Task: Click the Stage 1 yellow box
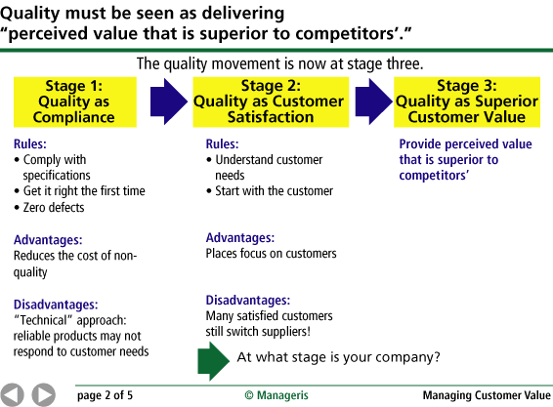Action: point(75,102)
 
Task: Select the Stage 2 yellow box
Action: point(271,102)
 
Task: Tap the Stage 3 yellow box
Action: point(467,102)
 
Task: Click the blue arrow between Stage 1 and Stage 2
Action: point(169,102)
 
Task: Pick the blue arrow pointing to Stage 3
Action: point(373,102)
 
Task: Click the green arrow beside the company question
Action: point(213,361)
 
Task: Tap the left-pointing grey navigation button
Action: point(12,395)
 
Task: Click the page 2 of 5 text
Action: point(105,395)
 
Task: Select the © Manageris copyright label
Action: point(276,395)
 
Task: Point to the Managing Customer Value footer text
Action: point(487,395)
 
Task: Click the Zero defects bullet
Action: point(49,207)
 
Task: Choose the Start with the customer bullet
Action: point(270,191)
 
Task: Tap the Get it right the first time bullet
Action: point(79,191)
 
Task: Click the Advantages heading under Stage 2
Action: point(240,238)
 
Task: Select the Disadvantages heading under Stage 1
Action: point(56,305)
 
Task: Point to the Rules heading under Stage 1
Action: point(30,144)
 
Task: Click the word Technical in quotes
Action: point(43,320)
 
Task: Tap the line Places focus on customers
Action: point(271,254)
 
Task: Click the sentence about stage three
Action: point(279,63)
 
